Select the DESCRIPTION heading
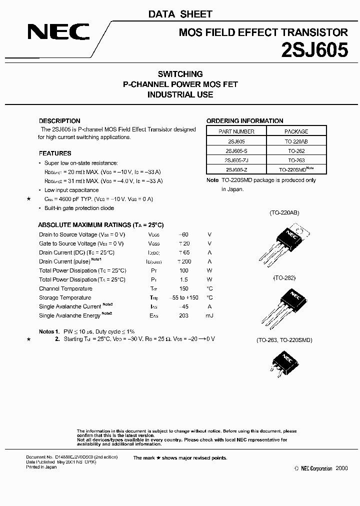pyautogui.click(x=59, y=121)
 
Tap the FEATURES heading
pyautogui.click(x=55, y=153)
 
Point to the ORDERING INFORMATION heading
pyautogui.click(x=244, y=121)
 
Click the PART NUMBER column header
pyautogui.click(x=236, y=131)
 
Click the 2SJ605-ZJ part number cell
pyautogui.click(x=236, y=160)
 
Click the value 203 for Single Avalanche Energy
pyautogui.click(x=183, y=315)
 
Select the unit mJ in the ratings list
pyautogui.click(x=209, y=315)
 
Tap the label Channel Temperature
pyautogui.click(x=65, y=288)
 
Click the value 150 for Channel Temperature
pyautogui.click(x=183, y=288)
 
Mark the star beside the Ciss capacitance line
pyautogui.click(x=29, y=199)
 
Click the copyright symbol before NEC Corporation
pyautogui.click(x=296, y=468)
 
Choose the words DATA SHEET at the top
pyautogui.click(x=180, y=14)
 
